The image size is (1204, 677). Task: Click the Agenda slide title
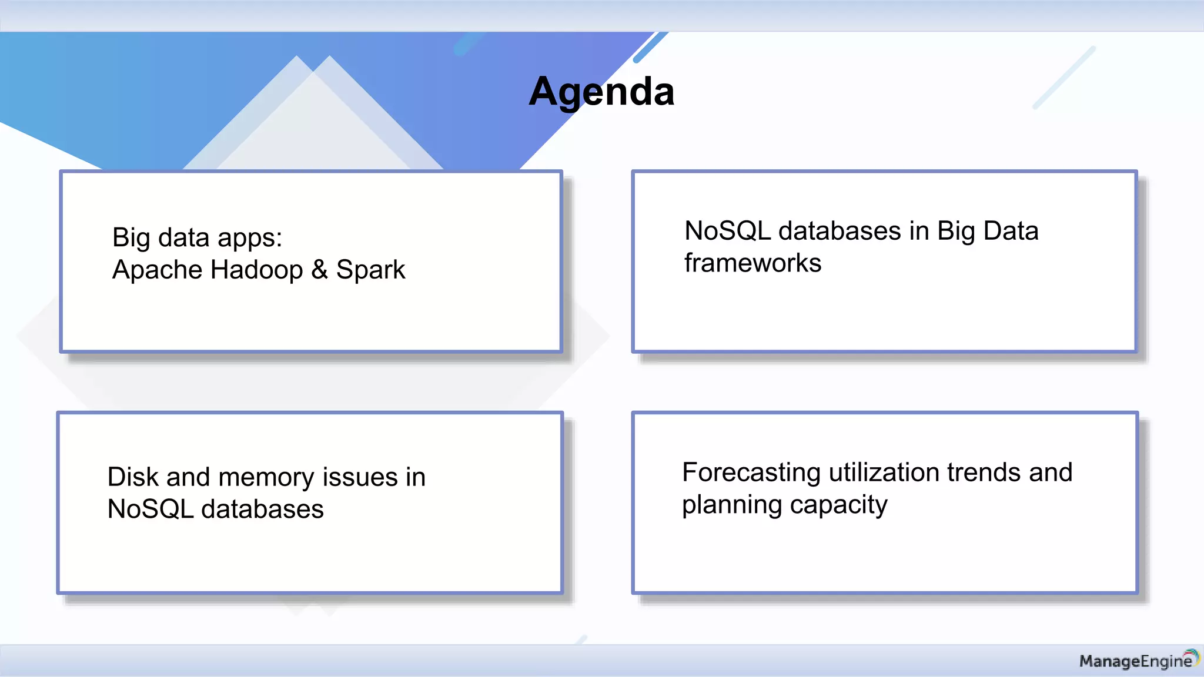pos(601,92)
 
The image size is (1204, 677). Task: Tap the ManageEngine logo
pos(1138,661)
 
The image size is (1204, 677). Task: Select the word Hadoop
pos(256,270)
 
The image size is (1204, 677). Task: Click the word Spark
pos(370,270)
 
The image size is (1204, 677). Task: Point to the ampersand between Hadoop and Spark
pos(319,270)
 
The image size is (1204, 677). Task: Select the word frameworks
pos(752,263)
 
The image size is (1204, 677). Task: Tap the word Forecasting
pos(751,473)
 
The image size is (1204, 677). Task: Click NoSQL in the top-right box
pos(727,231)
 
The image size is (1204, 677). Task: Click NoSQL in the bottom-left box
pos(150,509)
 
